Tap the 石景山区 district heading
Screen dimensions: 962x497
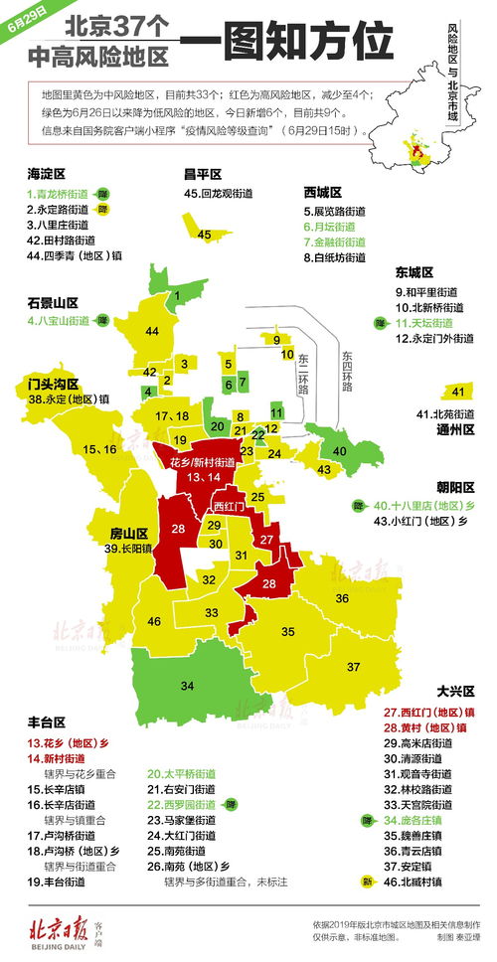tap(54, 303)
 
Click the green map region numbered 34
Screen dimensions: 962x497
tap(186, 685)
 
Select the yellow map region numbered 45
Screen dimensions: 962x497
tap(204, 235)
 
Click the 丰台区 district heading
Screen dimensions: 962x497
tap(47, 722)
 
